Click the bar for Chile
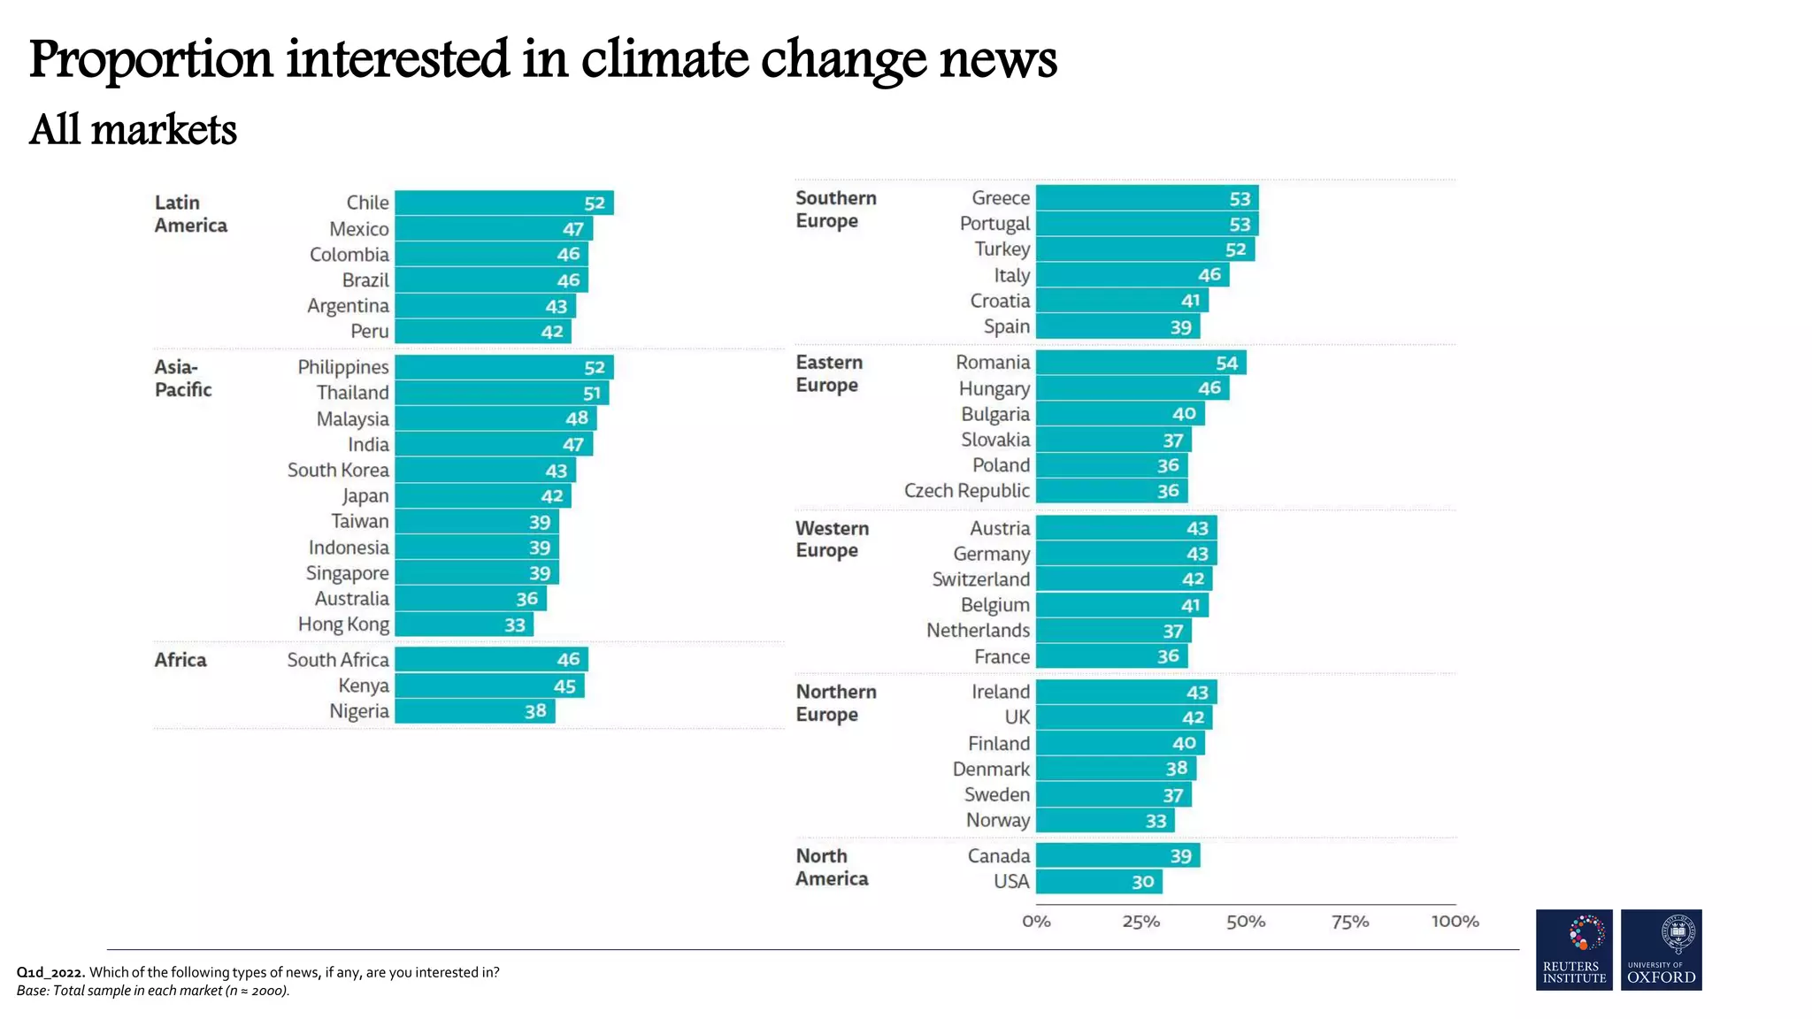click(x=503, y=203)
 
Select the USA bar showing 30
click(x=1098, y=882)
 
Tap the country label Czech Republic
click(x=966, y=491)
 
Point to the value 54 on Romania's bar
click(x=1226, y=363)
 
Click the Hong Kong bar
click(x=464, y=624)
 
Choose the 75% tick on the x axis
click(x=1350, y=922)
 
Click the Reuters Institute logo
click(x=1574, y=949)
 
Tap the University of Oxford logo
click(x=1661, y=949)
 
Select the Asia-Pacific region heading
click(x=183, y=379)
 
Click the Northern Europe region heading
click(x=835, y=703)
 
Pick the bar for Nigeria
click(x=474, y=711)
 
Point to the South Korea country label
click(x=338, y=471)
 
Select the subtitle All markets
click(x=133, y=130)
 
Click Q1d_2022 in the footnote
click(x=50, y=972)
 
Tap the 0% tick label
click(x=1036, y=922)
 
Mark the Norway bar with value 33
click(x=1104, y=821)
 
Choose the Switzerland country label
click(x=980, y=579)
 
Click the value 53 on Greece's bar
click(x=1240, y=199)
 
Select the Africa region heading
click(x=180, y=660)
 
